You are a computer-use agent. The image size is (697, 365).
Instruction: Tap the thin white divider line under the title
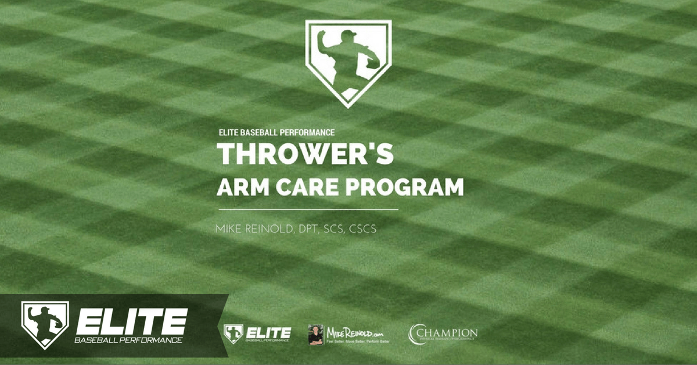(308, 209)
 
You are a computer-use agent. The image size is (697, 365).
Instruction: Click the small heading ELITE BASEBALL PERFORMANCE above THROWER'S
(276, 133)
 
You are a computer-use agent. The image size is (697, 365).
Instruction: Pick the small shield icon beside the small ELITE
(233, 333)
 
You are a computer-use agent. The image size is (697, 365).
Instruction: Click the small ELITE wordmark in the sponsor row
(268, 332)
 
